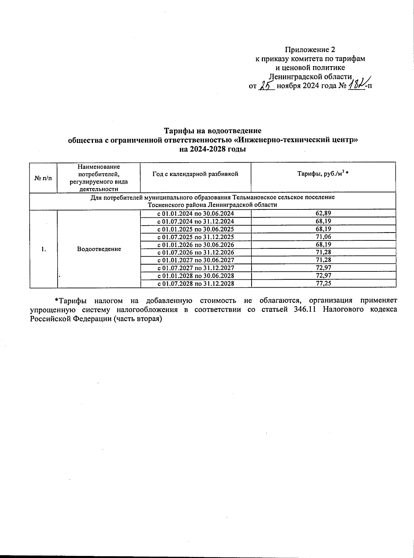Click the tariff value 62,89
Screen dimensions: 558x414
323,213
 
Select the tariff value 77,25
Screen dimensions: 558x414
323,283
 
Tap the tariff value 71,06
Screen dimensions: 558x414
323,237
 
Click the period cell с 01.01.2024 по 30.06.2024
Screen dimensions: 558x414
196,213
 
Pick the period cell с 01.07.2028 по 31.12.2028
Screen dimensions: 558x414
196,283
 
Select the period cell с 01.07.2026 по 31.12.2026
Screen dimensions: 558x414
196,252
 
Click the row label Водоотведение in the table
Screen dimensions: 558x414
99,249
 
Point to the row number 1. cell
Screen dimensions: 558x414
43,249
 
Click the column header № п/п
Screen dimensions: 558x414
43,178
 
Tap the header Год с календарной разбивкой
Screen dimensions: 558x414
195,174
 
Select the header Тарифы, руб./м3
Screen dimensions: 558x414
323,174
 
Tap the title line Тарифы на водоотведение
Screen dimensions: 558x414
212,131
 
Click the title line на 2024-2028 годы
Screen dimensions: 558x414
212,149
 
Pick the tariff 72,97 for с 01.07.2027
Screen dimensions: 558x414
323,268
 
